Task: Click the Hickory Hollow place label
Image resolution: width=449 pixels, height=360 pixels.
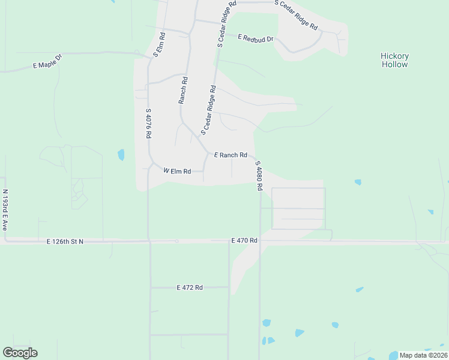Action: (x=394, y=60)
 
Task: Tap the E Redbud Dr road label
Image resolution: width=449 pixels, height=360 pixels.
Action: (x=255, y=38)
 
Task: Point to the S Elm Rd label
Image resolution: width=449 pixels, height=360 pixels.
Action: (x=159, y=44)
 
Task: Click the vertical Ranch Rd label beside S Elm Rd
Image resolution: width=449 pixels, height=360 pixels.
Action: (x=183, y=90)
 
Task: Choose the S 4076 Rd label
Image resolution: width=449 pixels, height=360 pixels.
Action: (x=148, y=124)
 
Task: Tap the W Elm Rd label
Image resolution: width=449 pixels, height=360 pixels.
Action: (x=177, y=171)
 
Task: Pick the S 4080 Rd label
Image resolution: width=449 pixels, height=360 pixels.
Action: (x=259, y=175)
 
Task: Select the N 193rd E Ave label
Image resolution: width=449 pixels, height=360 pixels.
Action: (x=5, y=211)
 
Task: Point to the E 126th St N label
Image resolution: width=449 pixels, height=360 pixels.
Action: (x=65, y=241)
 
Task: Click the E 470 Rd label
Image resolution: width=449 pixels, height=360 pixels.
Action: (x=244, y=241)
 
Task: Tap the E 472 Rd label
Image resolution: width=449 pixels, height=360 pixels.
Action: (x=190, y=287)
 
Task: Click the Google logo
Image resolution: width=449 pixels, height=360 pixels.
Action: (x=20, y=353)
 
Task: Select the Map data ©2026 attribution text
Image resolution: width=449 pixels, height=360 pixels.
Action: (x=423, y=355)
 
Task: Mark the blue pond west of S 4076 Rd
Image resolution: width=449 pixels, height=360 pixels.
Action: (x=121, y=155)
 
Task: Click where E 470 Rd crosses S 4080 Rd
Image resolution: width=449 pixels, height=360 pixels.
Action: (x=260, y=241)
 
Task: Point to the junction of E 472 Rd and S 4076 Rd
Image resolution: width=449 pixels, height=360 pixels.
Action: (x=149, y=287)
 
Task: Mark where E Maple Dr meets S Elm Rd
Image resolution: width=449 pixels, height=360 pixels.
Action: (x=150, y=58)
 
